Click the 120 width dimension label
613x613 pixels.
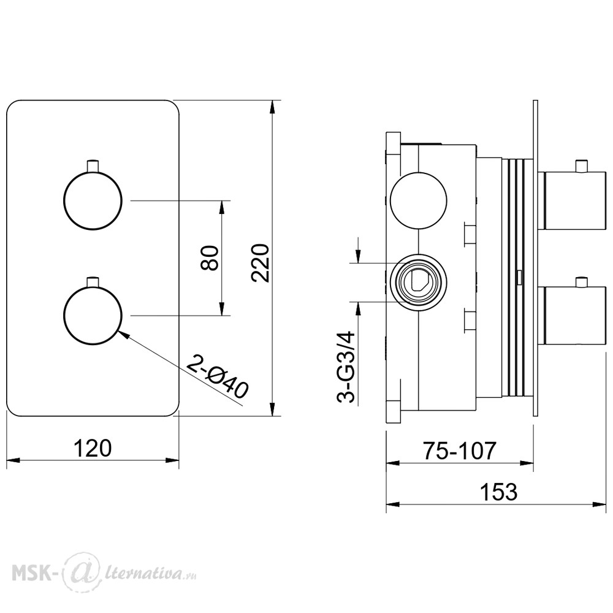coord(93,449)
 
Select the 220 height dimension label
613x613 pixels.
coord(261,263)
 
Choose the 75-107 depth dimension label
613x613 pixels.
coord(459,451)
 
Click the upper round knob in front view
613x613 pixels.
coord(93,200)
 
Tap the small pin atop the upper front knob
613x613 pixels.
coord(93,165)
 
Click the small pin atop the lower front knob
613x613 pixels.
coord(93,281)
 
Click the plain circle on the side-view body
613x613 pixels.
coord(419,200)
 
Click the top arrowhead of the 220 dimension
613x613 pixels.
coord(273,107)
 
